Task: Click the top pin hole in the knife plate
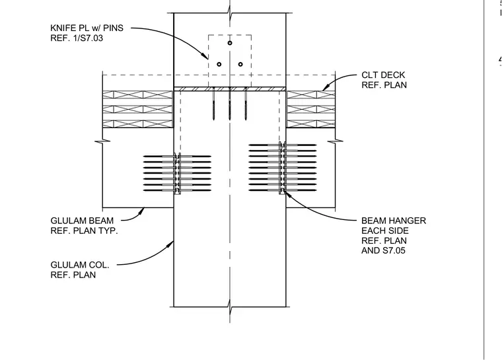(x=230, y=43)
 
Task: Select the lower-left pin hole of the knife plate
(x=219, y=64)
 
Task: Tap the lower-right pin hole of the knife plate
(x=240, y=64)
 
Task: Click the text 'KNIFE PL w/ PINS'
(x=87, y=28)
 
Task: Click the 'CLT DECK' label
(x=383, y=75)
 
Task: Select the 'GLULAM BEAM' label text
(x=82, y=221)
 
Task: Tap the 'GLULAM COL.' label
(x=80, y=265)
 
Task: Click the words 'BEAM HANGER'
(x=394, y=221)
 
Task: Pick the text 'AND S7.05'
(x=383, y=250)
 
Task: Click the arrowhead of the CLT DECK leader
(x=325, y=87)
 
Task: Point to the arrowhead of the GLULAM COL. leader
(x=170, y=244)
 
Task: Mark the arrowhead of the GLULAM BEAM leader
(x=141, y=211)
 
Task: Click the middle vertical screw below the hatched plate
(x=230, y=104)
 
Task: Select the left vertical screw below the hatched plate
(x=213, y=104)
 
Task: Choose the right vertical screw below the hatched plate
(x=246, y=104)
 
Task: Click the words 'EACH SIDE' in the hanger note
(x=385, y=231)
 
